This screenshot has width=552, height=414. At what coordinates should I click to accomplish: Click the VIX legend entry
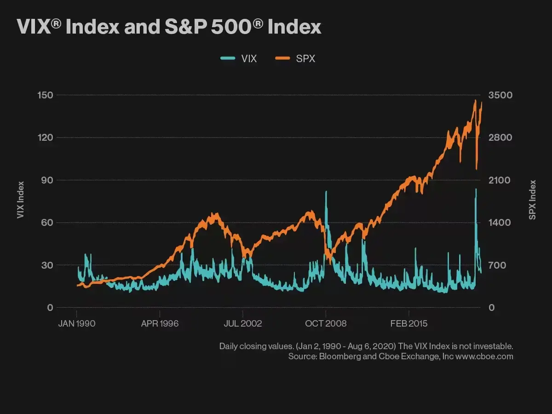239,58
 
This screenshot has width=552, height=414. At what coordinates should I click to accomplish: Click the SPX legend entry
296,58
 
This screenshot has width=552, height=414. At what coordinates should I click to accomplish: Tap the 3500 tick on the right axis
500,95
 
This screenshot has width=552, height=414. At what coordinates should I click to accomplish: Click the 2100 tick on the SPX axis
500,180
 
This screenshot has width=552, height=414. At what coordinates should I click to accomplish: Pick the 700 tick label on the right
498,265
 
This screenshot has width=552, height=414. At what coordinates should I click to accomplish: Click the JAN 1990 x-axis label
76,323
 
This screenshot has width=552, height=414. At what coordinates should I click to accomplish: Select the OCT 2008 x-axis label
326,323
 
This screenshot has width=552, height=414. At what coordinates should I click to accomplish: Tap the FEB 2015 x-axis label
408,323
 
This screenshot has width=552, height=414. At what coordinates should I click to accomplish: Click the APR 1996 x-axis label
160,323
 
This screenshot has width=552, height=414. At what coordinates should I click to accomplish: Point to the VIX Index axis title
20,200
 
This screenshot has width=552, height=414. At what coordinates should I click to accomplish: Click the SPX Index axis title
532,200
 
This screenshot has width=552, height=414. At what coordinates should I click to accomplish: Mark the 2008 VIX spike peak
326,192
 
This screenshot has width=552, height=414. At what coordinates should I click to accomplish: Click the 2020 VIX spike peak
476,189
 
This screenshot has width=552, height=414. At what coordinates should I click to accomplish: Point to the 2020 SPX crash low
477,169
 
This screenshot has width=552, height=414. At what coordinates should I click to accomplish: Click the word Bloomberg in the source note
340,356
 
